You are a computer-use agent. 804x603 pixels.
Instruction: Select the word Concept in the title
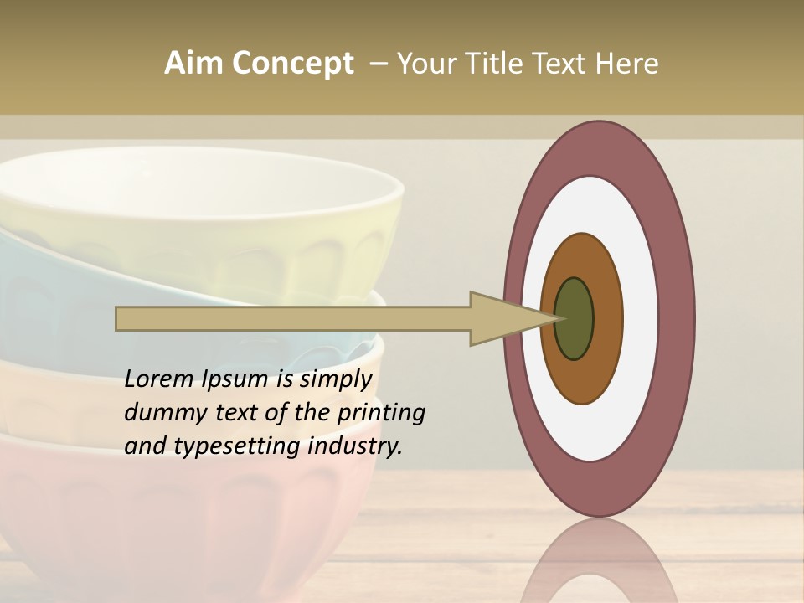point(292,64)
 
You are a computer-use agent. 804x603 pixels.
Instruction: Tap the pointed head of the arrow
point(511,319)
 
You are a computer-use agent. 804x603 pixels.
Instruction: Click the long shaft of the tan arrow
point(293,319)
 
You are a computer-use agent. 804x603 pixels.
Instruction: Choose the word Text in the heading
point(563,64)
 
